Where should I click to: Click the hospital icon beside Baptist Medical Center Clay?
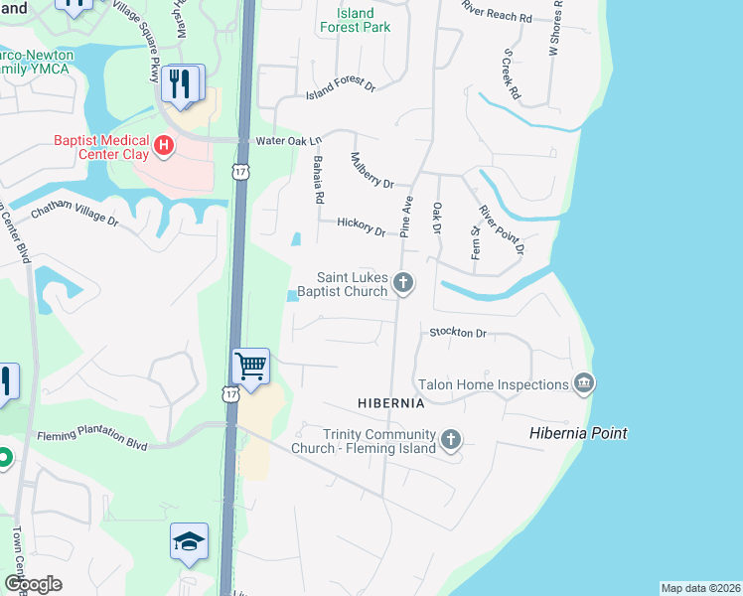coord(165,147)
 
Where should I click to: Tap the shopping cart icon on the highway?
coord(251,366)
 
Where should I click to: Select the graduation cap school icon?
coord(189,541)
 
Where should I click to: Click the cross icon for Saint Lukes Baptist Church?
coord(403,283)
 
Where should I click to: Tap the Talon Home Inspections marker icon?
coord(584,383)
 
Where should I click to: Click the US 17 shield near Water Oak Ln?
coord(240,171)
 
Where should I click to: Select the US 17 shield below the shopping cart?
coord(230,395)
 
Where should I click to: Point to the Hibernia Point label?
coord(578,433)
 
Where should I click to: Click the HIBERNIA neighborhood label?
coord(391,403)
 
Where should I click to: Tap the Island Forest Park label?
coord(355,21)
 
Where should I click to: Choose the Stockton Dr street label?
coord(458,333)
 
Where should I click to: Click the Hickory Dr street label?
coord(361,226)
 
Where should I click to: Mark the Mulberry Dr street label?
coord(373,171)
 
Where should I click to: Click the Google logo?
coord(33,584)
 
